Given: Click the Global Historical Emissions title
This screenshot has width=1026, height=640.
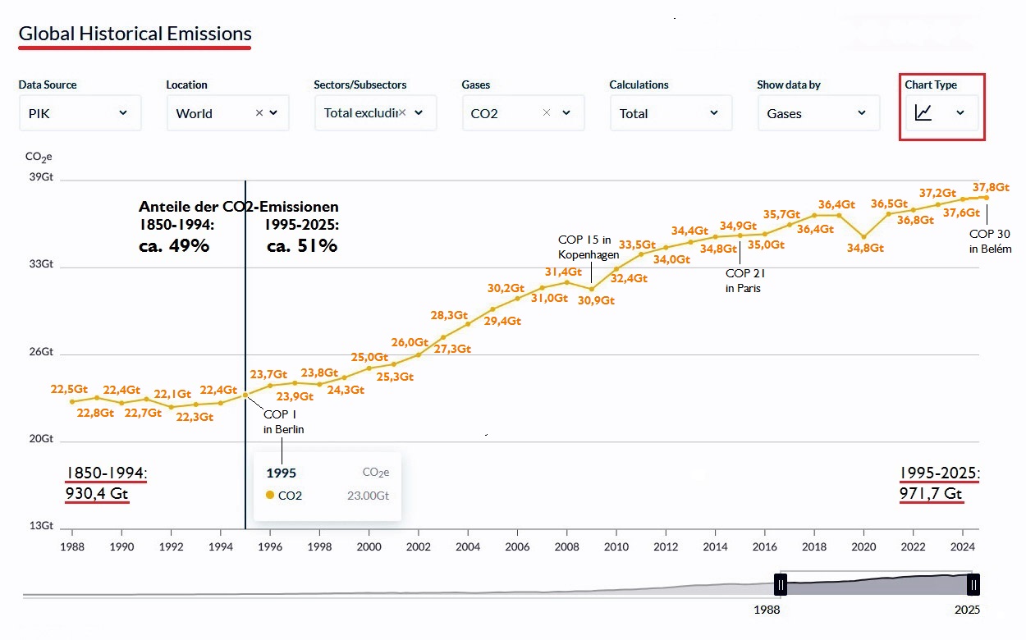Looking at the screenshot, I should (x=135, y=34).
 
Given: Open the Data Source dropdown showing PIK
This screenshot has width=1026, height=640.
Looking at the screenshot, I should (x=80, y=113).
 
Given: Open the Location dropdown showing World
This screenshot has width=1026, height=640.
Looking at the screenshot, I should (x=227, y=113).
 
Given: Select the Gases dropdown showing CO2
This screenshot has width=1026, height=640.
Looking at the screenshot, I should (x=523, y=113).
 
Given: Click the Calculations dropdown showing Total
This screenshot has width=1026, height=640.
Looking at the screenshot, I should (x=671, y=113).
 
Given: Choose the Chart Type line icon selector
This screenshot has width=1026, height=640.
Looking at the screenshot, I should (x=941, y=112).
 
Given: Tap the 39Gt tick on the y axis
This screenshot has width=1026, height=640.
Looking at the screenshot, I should (x=41, y=178).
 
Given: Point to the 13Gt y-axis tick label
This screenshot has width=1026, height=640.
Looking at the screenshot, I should (x=41, y=526).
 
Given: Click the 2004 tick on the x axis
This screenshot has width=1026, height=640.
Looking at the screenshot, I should (x=468, y=546).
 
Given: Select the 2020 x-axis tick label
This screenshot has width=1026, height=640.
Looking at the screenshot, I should (x=863, y=546).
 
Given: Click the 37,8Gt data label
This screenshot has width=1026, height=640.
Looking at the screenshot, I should (x=991, y=187).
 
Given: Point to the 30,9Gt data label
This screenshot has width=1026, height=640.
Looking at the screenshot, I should (x=596, y=300).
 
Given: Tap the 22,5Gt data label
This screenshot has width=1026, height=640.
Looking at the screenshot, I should (x=70, y=389).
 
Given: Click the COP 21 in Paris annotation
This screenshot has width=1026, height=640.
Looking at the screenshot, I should (x=744, y=281).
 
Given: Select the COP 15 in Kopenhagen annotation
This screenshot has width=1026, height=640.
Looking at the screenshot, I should (x=588, y=247).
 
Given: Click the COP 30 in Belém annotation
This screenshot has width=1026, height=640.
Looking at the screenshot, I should (x=990, y=241).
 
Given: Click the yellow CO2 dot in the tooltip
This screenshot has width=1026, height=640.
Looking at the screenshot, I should (x=270, y=495).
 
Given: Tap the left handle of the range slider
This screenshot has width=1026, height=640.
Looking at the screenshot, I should (x=781, y=584).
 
